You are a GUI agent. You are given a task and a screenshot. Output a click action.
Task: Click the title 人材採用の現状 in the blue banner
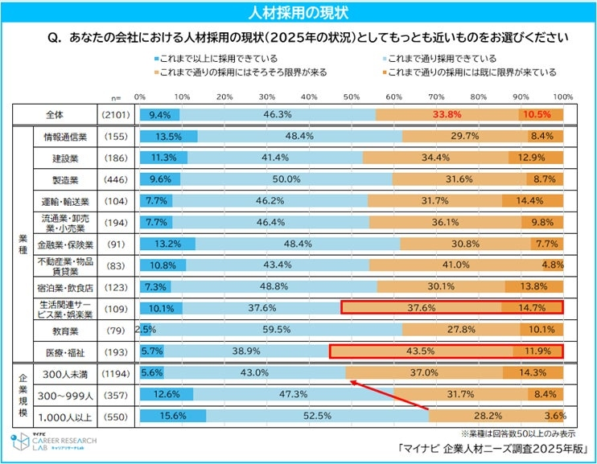point(298,12)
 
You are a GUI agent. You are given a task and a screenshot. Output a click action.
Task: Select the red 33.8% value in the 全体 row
point(447,115)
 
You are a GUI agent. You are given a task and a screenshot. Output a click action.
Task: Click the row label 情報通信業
point(66,137)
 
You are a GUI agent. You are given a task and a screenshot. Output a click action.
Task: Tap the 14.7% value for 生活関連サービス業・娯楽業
point(530,307)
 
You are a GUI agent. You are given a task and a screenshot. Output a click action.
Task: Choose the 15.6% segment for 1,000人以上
point(172,416)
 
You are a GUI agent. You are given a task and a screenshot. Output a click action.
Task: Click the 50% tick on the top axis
point(352,96)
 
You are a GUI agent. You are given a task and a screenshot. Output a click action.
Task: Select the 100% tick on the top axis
point(563,96)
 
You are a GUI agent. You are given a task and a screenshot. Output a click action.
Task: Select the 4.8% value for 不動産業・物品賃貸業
point(551,264)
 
